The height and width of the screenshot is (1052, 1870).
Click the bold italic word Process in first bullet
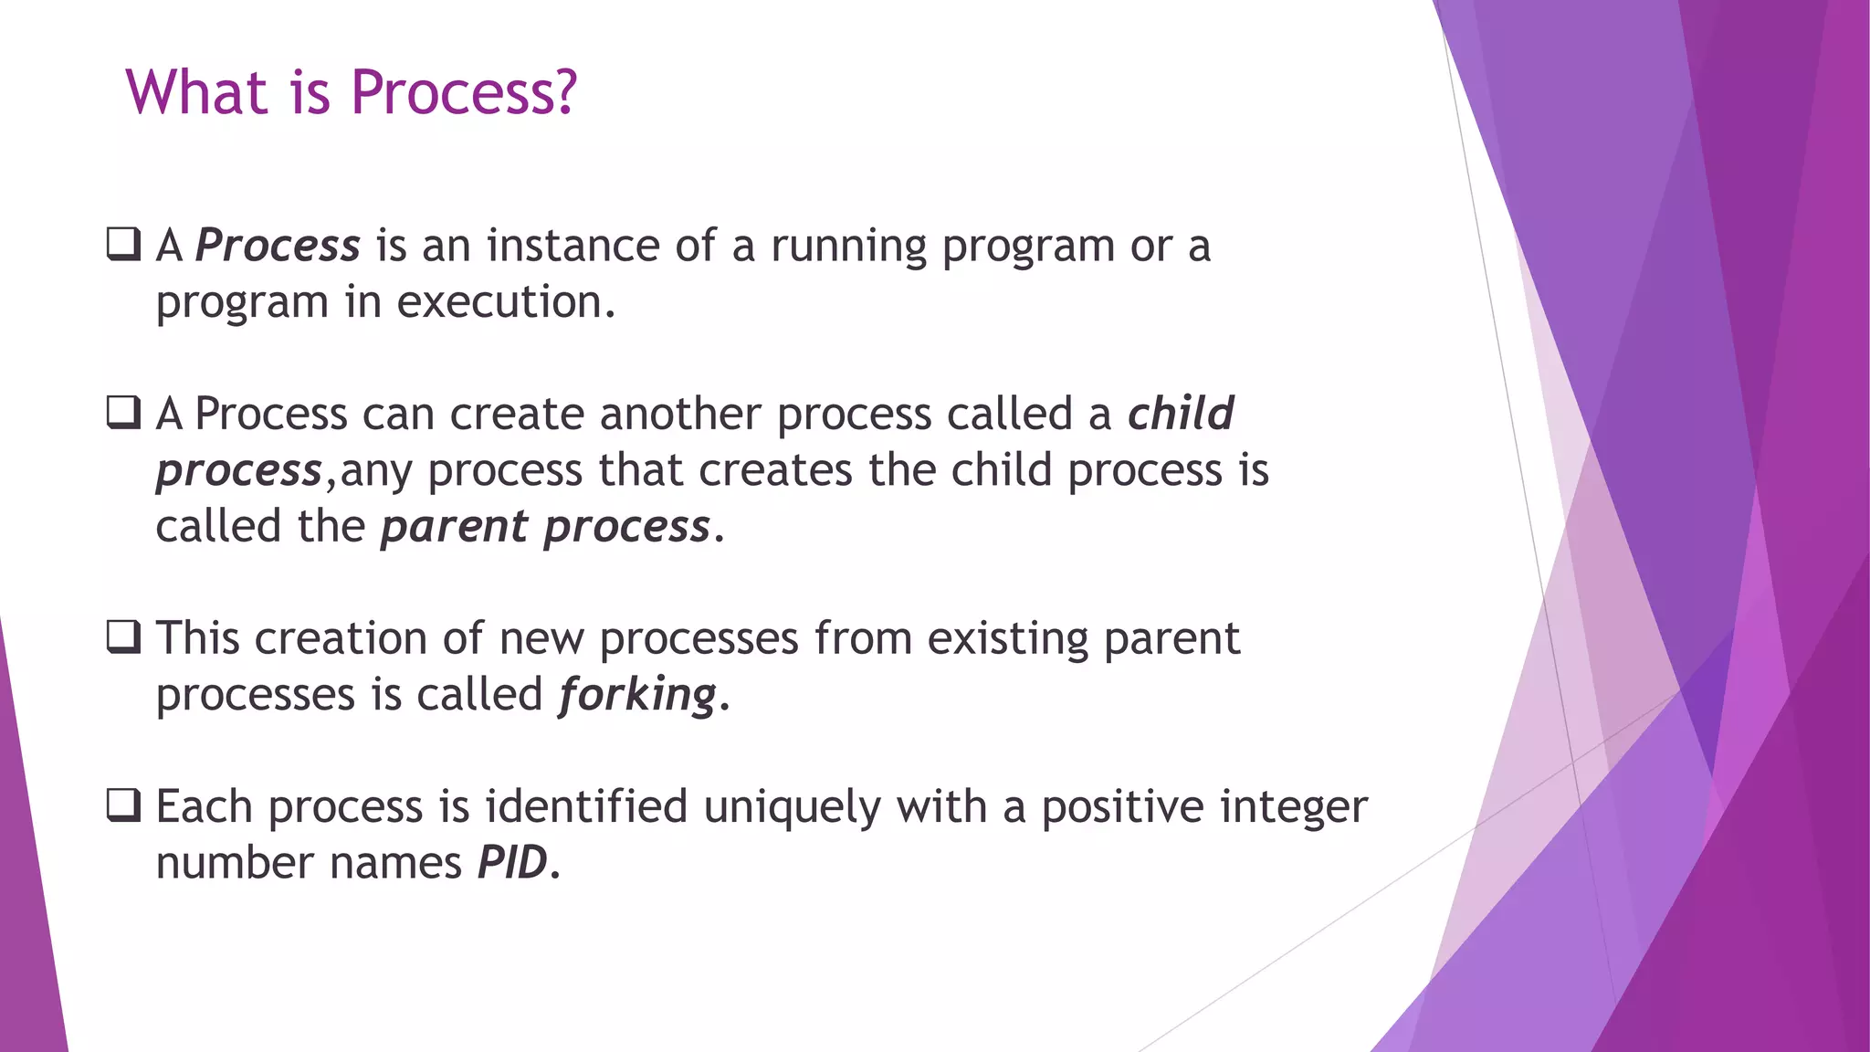[x=278, y=246]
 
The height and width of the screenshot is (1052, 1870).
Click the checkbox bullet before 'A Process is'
[x=123, y=244]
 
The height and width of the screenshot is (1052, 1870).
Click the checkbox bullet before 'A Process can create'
[x=123, y=412]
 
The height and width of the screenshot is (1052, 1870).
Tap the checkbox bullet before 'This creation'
[x=123, y=636]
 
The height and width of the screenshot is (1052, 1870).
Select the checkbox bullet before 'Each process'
[x=123, y=805]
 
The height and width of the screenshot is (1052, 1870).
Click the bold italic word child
[x=1180, y=414]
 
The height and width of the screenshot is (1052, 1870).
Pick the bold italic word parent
[x=454, y=527]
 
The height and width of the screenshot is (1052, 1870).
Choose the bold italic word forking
[x=637, y=695]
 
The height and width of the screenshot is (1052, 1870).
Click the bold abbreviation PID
[x=512, y=863]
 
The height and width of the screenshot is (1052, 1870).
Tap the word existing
[x=1007, y=638]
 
